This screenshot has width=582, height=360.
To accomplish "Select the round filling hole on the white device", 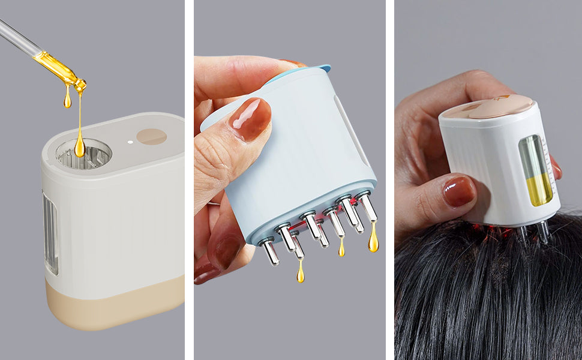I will (83, 154).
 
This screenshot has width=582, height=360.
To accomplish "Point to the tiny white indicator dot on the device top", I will (130, 142).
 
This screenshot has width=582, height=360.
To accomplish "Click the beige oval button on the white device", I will (151, 137).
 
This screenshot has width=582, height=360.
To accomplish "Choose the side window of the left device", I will (50, 234).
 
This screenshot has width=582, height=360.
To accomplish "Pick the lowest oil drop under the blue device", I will (300, 273).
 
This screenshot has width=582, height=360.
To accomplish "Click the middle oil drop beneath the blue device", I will (341, 247).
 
